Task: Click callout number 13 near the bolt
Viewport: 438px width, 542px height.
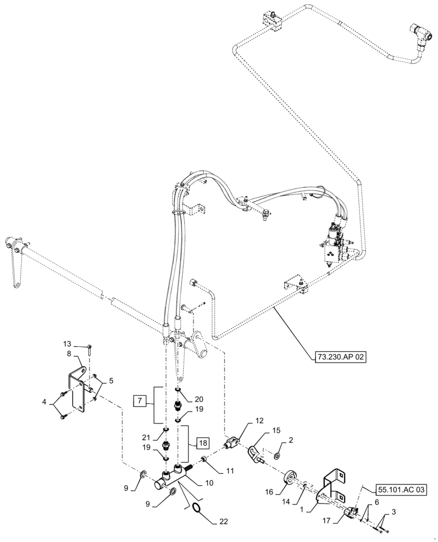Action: pos(67,344)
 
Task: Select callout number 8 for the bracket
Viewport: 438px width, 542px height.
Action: pos(70,353)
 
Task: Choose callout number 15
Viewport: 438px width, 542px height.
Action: pos(278,430)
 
